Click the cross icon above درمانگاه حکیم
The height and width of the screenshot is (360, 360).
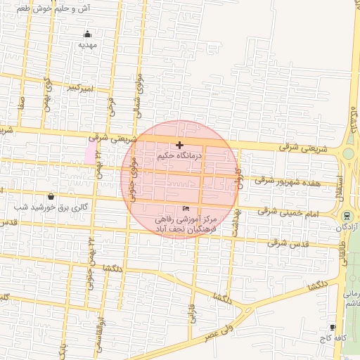(x=180, y=144)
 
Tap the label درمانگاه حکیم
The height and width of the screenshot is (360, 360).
(x=180, y=155)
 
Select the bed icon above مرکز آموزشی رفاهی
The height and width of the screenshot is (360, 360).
(x=186, y=209)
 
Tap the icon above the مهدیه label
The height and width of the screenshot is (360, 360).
(x=87, y=34)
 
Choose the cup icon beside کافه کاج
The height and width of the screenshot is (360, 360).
(x=333, y=327)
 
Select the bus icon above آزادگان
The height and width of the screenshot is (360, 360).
(x=347, y=215)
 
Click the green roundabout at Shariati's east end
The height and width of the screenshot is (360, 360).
(x=348, y=153)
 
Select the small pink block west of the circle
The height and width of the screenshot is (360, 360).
(x=90, y=153)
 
